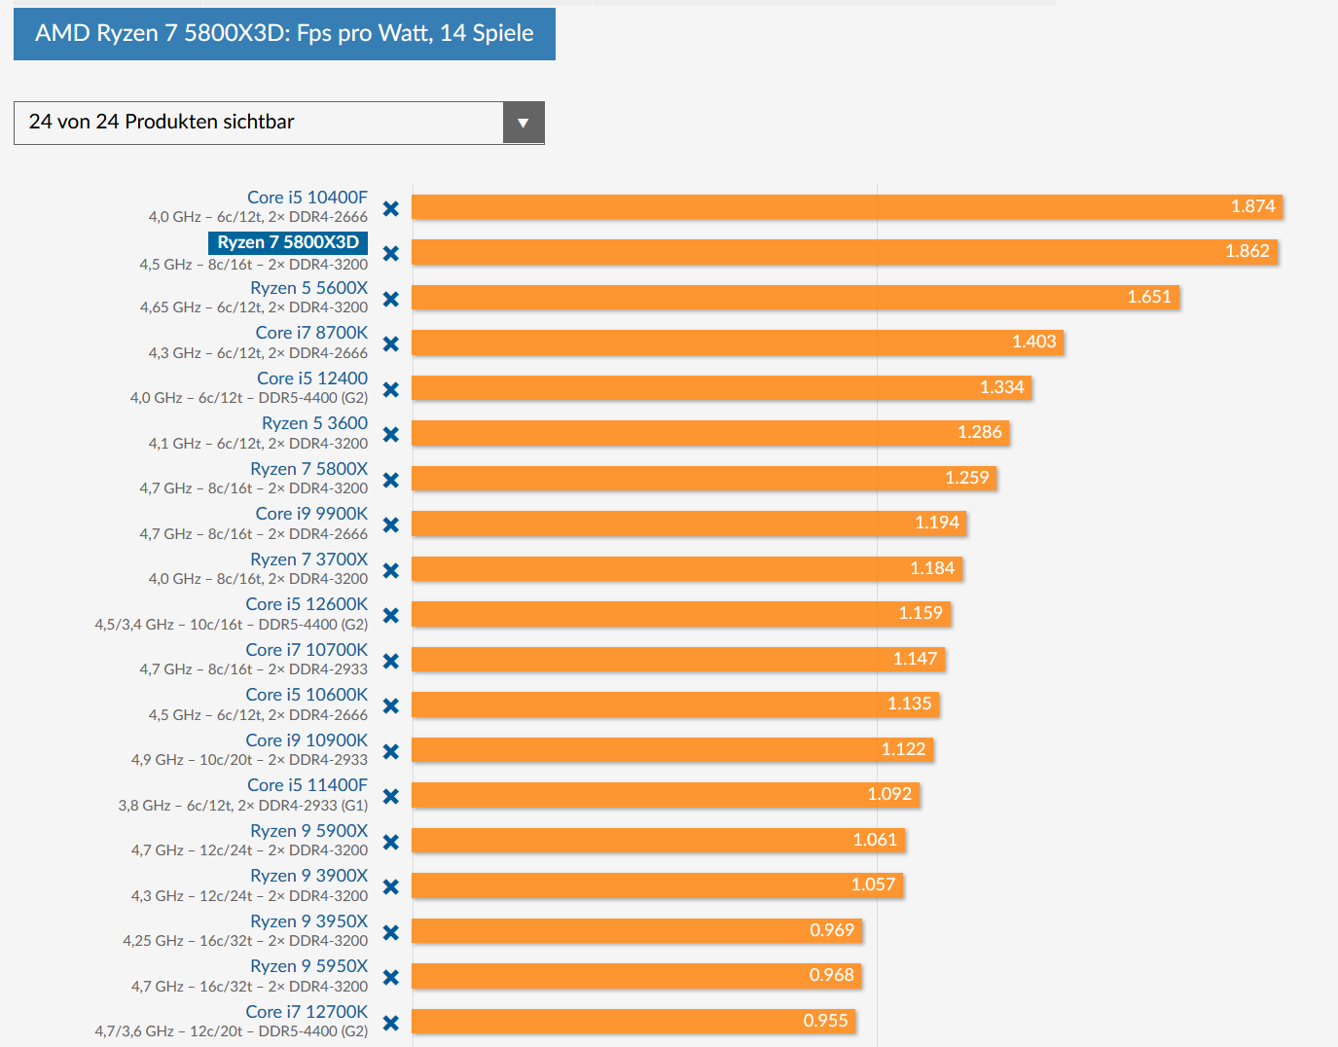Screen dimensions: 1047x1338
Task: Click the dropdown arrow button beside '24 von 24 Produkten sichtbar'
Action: pos(524,123)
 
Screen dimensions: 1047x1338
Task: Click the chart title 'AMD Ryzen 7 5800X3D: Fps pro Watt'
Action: pos(284,34)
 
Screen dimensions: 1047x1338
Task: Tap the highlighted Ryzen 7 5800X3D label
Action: pos(288,242)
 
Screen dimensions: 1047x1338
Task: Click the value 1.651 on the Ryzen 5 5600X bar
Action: pos(1149,297)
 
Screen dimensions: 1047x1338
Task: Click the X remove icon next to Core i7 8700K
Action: pos(391,343)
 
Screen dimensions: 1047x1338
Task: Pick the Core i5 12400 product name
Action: pos(312,379)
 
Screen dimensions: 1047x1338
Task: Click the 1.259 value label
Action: pos(966,478)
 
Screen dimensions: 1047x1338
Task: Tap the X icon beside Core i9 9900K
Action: pos(391,524)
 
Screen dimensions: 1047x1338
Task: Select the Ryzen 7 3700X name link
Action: pos(308,560)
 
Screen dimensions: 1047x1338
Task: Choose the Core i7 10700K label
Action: pos(307,650)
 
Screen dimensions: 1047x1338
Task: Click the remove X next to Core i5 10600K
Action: pos(391,705)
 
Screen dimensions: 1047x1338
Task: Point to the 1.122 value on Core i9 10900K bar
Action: pos(903,749)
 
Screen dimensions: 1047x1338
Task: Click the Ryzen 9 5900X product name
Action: pos(308,831)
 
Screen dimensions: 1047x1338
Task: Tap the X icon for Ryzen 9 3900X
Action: pos(391,886)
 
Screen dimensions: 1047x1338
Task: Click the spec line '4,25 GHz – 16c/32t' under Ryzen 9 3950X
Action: pos(245,941)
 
